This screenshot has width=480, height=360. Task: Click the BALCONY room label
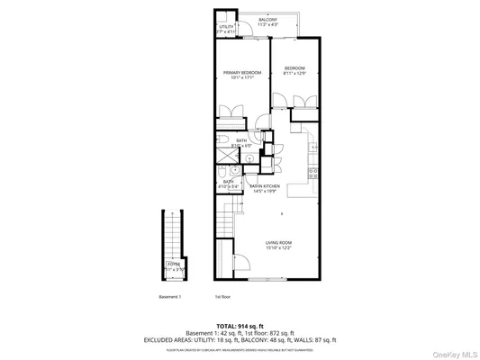pos(267,19)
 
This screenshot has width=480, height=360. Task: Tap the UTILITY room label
pos(226,27)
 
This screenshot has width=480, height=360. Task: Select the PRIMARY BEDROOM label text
pos(242,72)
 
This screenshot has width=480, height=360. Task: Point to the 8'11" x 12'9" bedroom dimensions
pos(295,74)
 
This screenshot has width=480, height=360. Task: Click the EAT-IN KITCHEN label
pos(266,186)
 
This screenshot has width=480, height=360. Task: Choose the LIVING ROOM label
pos(277,242)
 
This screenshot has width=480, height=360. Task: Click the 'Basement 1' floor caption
pos(169,296)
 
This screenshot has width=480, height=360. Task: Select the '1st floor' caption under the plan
pos(222,296)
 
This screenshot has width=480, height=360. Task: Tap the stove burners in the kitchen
pos(313,171)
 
